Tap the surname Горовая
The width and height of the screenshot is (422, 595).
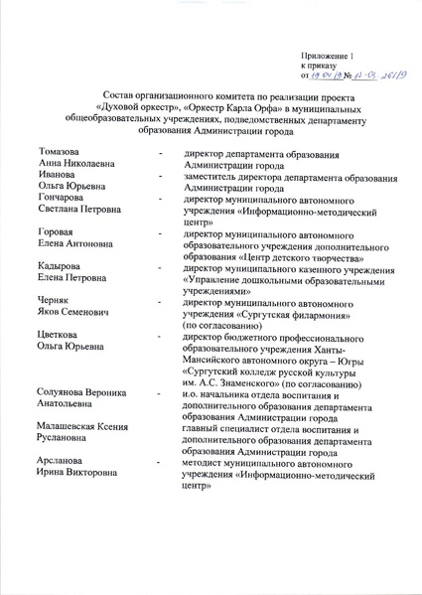pyautogui.click(x=57, y=231)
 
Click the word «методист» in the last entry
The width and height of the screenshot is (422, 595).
pyautogui.click(x=203, y=462)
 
